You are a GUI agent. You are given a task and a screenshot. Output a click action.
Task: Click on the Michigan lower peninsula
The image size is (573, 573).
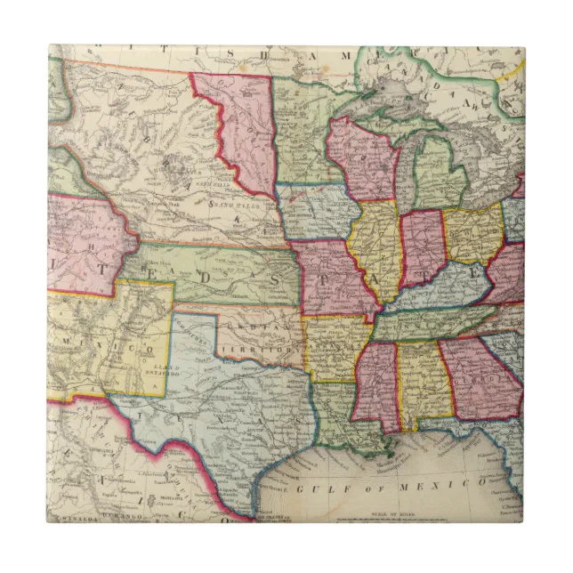click(440, 173)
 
